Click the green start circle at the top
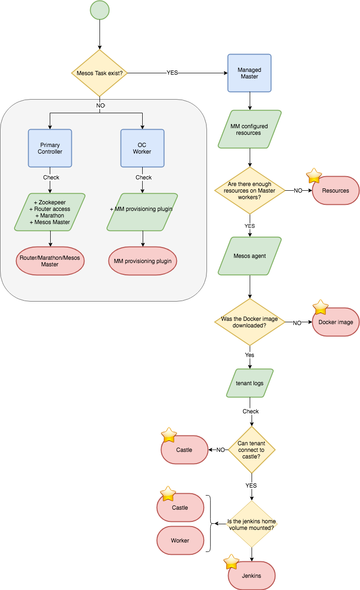click(100, 10)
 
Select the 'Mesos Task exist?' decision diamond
click(100, 73)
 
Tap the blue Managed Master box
click(249, 73)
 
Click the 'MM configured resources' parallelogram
click(249, 129)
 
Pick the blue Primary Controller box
click(50, 148)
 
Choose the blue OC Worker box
click(142, 148)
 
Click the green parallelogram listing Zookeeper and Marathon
click(49, 212)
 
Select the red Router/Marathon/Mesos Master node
click(50, 261)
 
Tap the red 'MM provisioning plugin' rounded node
click(142, 261)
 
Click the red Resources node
click(336, 191)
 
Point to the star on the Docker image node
click(320, 308)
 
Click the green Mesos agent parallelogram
click(249, 256)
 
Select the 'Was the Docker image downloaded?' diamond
click(249, 322)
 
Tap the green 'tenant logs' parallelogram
click(249, 383)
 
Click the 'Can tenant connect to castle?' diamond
click(251, 450)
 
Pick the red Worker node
click(180, 541)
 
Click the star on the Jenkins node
click(231, 561)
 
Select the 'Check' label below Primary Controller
click(51, 178)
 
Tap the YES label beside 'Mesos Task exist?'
click(172, 73)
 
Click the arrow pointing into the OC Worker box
click(142, 125)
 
